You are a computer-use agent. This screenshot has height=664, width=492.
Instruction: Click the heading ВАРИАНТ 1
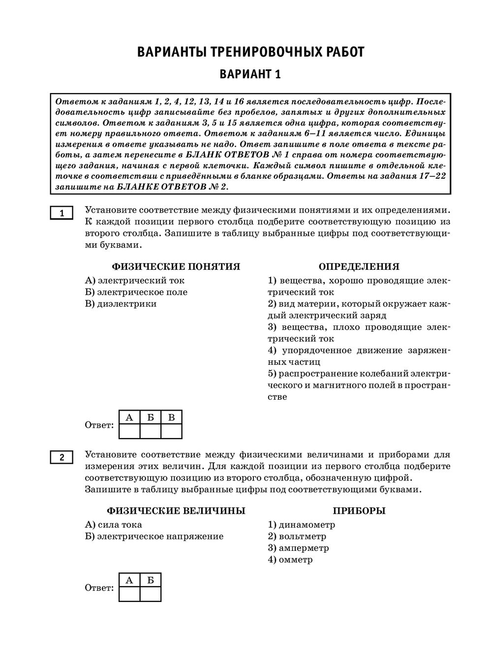(250, 74)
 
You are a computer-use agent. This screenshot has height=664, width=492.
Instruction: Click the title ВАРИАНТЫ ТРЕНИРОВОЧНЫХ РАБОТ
(250, 52)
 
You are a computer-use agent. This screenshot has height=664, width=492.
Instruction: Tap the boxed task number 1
(61, 213)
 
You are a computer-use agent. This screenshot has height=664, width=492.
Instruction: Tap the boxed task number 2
(61, 458)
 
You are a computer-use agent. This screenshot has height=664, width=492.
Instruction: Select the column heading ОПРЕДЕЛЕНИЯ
(359, 267)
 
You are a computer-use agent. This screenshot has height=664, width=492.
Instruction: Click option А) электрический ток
(135, 281)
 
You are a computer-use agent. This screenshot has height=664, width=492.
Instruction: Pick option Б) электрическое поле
(136, 292)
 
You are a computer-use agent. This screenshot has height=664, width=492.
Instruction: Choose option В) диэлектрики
(121, 304)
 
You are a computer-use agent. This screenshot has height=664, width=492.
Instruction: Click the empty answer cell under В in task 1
(171, 431)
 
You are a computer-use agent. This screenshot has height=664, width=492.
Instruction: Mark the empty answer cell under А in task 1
(129, 431)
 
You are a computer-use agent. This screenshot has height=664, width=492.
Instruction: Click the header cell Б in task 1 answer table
(151, 417)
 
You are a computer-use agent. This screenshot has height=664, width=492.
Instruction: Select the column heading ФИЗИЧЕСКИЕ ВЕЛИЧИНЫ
(176, 511)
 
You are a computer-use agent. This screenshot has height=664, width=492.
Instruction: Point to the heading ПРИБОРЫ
(359, 511)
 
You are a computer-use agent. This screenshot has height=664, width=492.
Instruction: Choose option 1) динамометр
(301, 525)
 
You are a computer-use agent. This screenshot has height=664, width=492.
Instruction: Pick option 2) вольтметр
(297, 537)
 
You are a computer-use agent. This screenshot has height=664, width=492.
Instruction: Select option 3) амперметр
(298, 548)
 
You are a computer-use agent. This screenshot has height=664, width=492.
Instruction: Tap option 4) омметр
(290, 560)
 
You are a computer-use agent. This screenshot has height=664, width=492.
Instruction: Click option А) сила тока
(114, 525)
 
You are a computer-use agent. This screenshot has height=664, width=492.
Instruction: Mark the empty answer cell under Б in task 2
(151, 594)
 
